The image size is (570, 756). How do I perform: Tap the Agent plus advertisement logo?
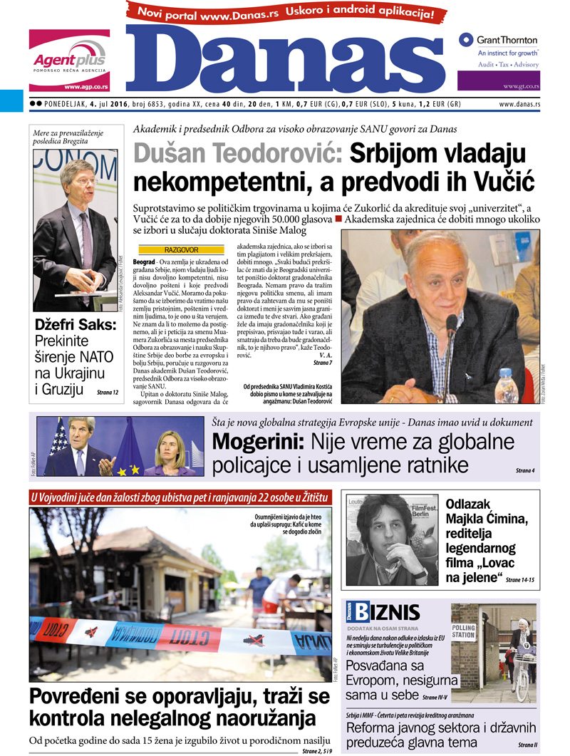coord(69,60)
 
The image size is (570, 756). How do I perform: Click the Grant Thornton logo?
coord(498,41)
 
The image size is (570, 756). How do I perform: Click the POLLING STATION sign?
coord(463,631)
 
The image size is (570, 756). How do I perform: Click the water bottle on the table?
coord(506,386)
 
